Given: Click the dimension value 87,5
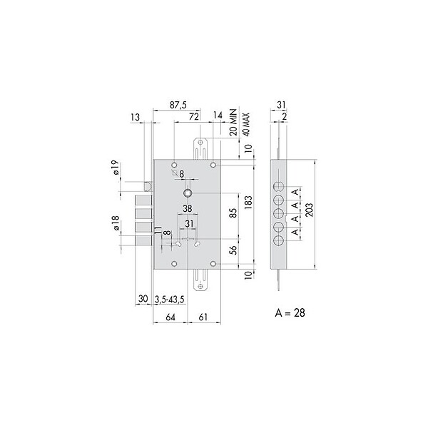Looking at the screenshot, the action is [x=178, y=105].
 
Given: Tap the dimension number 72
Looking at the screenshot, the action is [x=193, y=117].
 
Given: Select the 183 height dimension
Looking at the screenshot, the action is [x=248, y=203].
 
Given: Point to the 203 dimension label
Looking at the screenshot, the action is [x=310, y=210].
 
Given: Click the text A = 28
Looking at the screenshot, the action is [x=290, y=313].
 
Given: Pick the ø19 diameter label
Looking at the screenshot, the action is [x=116, y=168].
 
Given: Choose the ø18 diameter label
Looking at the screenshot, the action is [x=116, y=223].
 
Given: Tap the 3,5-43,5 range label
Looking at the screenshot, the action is [x=170, y=300].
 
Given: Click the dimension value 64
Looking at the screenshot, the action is [x=170, y=317].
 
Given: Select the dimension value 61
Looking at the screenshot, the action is [x=203, y=317].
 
